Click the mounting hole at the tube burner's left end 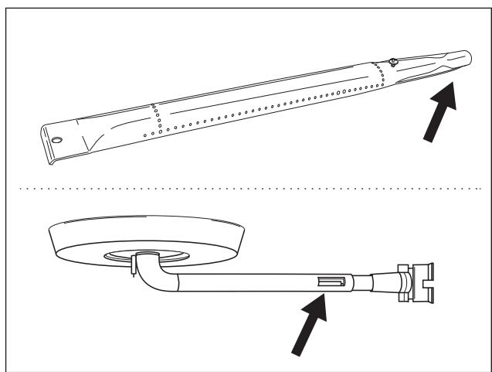pyautogui.click(x=57, y=141)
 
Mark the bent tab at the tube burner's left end pyautogui.click(x=52, y=158)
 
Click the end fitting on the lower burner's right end pyautogui.click(x=416, y=282)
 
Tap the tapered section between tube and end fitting pyautogui.click(x=378, y=280)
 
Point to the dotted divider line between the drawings pyautogui.click(x=247, y=187)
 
